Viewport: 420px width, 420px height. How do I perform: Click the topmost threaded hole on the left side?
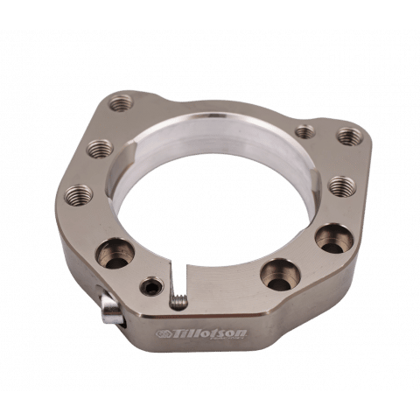[121, 103]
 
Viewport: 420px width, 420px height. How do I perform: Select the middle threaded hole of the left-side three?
[101, 149]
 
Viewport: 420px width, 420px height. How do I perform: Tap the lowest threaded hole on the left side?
[78, 195]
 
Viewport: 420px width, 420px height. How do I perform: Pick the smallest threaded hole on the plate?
[305, 131]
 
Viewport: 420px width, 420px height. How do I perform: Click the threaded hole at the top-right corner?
[348, 136]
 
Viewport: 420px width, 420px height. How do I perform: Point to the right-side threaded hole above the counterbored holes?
[342, 186]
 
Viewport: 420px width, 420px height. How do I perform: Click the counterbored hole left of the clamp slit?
[115, 254]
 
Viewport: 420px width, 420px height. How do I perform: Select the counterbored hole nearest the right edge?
[334, 239]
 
